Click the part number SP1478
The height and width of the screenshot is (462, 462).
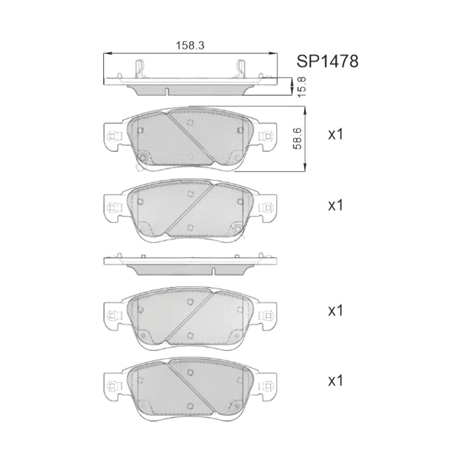pyautogui.click(x=328, y=61)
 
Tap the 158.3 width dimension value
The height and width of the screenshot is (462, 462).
pyautogui.click(x=190, y=45)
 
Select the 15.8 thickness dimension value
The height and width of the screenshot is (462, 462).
pyautogui.click(x=302, y=87)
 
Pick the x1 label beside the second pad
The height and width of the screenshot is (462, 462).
pyautogui.click(x=336, y=206)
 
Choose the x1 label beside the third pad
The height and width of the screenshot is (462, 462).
pyautogui.click(x=336, y=311)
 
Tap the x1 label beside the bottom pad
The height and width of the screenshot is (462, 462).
pyautogui.click(x=336, y=381)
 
